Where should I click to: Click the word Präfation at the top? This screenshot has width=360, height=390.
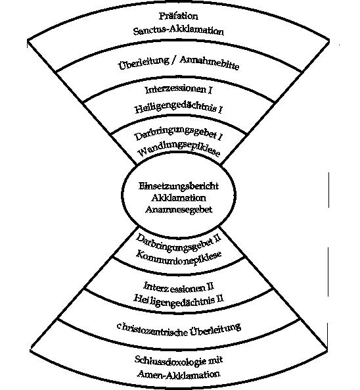point(179,16)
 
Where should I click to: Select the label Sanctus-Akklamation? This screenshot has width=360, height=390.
point(179,31)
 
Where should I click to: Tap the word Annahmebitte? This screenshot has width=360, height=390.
point(209,63)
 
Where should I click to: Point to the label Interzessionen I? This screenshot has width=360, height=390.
point(179,90)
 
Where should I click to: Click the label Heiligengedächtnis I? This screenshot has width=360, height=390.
point(179,108)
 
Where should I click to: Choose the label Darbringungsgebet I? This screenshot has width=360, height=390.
point(179,134)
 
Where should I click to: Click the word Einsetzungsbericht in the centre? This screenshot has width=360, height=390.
point(179,186)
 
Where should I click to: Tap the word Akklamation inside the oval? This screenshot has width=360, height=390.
point(179,198)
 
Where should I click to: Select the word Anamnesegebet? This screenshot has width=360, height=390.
point(179,209)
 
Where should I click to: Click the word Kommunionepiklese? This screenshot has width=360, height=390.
point(179,258)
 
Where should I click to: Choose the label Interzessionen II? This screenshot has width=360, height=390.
point(179,287)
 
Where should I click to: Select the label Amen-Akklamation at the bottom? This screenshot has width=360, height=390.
point(179,374)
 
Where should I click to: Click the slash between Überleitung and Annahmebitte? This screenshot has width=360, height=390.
point(174,61)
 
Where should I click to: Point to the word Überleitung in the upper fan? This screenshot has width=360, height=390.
point(143,63)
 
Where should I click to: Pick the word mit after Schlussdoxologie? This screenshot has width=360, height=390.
point(215,360)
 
